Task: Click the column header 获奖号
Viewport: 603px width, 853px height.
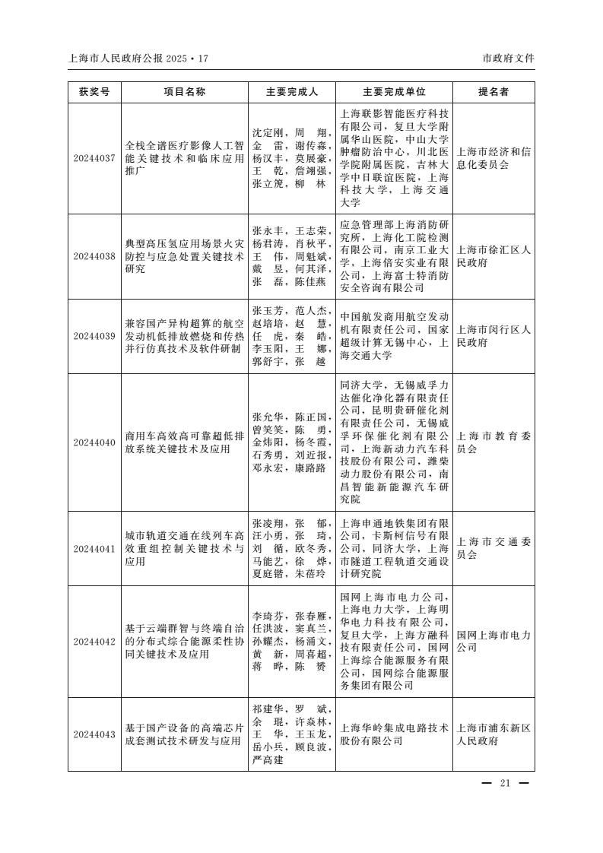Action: click(x=94, y=92)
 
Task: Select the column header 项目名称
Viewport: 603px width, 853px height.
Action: click(x=185, y=92)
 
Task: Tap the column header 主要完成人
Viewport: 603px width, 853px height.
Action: click(x=292, y=92)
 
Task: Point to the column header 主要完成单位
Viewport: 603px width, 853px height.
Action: click(x=394, y=92)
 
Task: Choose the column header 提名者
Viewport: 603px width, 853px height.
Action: click(x=494, y=92)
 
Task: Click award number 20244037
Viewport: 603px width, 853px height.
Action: click(x=94, y=158)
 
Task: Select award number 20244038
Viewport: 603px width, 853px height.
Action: click(x=94, y=256)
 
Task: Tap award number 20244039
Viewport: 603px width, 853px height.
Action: click(x=94, y=335)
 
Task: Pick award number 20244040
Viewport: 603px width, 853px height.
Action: click(x=94, y=442)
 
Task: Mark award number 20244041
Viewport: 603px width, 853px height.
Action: click(x=94, y=548)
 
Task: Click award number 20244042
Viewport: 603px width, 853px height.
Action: click(x=94, y=641)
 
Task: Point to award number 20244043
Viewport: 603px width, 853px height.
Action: click(x=94, y=734)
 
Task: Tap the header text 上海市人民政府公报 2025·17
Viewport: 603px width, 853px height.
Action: click(x=138, y=58)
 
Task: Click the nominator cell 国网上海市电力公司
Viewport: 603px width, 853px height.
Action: click(x=494, y=641)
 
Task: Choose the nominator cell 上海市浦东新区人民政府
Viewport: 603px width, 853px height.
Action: click(x=494, y=734)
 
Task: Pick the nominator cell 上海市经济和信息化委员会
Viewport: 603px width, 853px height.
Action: click(x=494, y=158)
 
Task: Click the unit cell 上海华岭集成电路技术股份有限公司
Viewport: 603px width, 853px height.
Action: click(x=394, y=734)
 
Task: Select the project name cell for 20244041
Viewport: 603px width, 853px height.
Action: click(x=185, y=548)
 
